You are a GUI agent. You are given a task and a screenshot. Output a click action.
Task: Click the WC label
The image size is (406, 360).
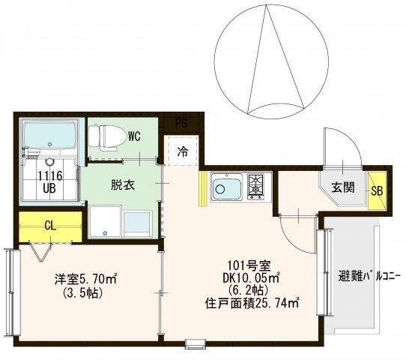[134, 136]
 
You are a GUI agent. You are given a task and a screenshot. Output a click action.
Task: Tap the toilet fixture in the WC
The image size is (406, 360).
[102, 136]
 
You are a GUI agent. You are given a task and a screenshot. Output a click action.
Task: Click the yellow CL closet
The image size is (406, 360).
[49, 225]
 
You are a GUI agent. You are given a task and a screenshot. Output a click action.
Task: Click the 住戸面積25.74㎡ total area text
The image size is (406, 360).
[252, 303]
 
